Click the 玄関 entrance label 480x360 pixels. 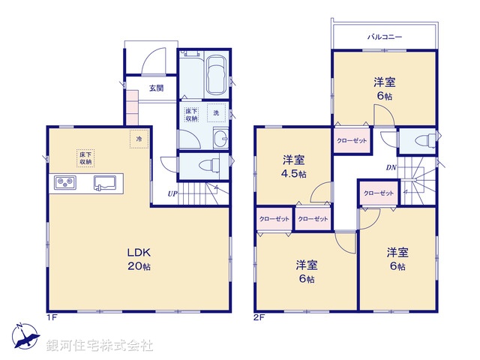point(155,88)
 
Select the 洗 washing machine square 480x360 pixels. point(216,112)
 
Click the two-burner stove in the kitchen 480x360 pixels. point(64,182)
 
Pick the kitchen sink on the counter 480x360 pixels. point(104,182)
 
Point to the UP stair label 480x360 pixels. point(172,193)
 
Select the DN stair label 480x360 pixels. point(391,168)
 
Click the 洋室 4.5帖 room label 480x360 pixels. point(294,166)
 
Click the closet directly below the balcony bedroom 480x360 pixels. point(351,140)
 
